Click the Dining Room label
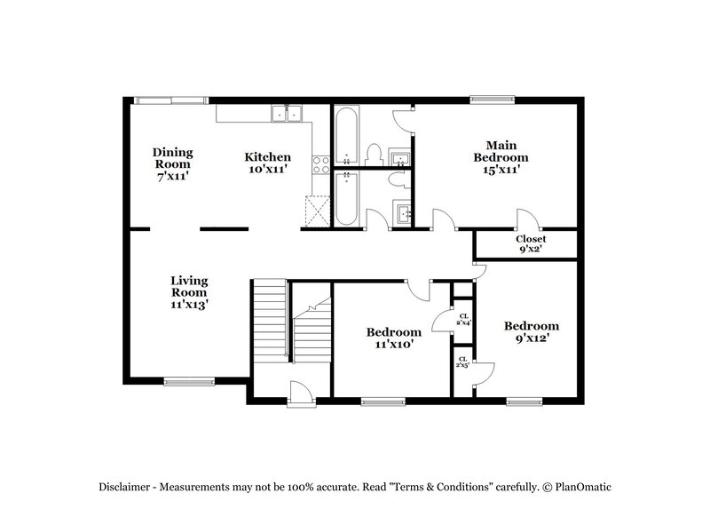pos(172,163)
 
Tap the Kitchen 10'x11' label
pos(267,163)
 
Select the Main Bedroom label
pos(501,156)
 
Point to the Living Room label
pos(189,292)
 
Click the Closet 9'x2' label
pos(531,244)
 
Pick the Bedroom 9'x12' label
pos(532,332)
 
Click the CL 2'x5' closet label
pos(463,362)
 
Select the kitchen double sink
pos(287,113)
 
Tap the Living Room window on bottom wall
pos(183,383)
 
